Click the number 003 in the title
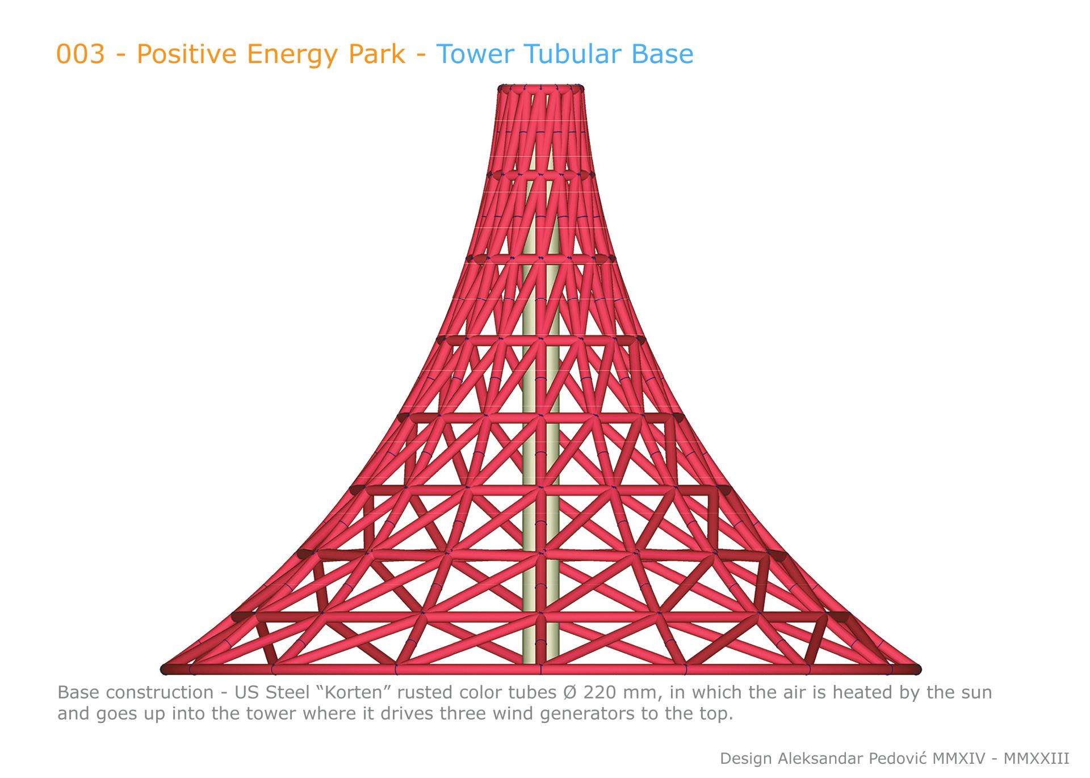point(81,54)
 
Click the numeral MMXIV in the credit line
point(961,759)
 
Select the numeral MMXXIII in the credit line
point(1037,759)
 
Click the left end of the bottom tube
point(165,670)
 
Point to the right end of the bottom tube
point(917,670)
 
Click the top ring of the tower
point(541,88)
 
